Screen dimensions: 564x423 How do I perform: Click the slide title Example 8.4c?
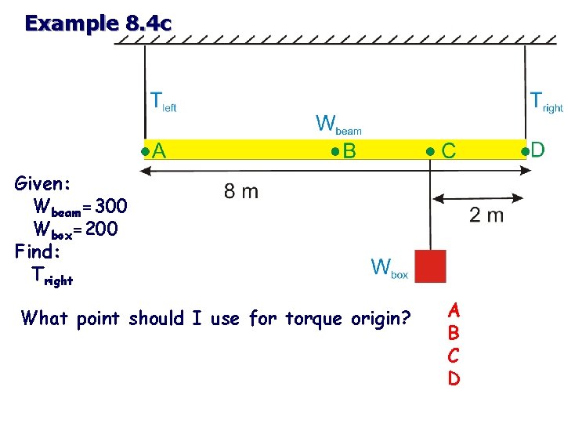[97, 23]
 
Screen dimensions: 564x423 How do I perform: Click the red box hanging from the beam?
[430, 266]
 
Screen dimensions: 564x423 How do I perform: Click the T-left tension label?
[163, 102]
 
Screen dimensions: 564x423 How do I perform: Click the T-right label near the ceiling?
[546, 102]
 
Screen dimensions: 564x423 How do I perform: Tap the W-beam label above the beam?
[338, 125]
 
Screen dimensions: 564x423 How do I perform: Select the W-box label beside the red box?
[389, 269]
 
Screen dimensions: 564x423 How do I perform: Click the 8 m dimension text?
[240, 192]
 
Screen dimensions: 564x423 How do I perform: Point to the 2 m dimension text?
[486, 215]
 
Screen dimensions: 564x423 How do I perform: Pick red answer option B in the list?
[454, 332]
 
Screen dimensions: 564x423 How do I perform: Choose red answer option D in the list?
[454, 378]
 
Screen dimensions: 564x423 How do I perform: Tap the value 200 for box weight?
[102, 229]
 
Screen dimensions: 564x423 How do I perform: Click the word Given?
[43, 184]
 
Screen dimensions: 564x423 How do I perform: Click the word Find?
[37, 251]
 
